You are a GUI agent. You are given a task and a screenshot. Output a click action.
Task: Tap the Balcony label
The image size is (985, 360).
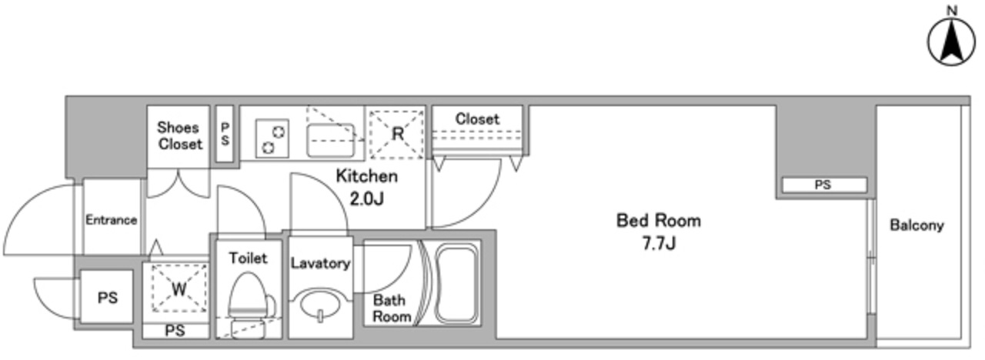[917, 225]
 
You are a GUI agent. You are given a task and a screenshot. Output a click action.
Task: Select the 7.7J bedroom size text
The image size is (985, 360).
[659, 243]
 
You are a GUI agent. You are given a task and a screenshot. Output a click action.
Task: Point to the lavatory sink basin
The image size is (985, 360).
[320, 304]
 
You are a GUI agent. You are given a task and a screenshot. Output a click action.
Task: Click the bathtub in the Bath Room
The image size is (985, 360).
[457, 284]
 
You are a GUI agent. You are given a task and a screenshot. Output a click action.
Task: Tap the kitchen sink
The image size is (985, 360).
[331, 140]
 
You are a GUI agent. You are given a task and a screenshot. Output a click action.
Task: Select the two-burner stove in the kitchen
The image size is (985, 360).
[272, 138]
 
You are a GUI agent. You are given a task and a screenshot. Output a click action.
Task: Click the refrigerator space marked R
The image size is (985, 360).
[396, 134]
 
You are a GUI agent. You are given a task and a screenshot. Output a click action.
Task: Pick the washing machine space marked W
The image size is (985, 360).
[179, 288]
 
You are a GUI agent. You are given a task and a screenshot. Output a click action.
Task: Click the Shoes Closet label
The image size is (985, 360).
[180, 136]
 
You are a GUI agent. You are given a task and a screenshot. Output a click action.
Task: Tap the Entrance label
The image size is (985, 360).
[112, 220]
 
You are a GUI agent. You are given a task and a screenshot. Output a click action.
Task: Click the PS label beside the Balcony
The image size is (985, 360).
[823, 185]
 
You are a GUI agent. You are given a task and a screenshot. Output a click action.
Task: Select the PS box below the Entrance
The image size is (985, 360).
[107, 298]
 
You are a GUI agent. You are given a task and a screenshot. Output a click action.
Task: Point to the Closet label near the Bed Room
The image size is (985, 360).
[478, 118]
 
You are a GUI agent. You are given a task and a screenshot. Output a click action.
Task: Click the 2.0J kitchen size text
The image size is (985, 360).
[367, 198]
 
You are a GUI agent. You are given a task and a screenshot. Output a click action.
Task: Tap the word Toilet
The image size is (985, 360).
[248, 258]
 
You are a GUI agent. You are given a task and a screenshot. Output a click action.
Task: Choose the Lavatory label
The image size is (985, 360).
[321, 263]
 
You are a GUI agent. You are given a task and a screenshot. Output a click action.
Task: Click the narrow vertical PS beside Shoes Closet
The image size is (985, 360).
[225, 134]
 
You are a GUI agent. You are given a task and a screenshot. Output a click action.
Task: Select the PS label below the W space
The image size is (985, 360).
[175, 331]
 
